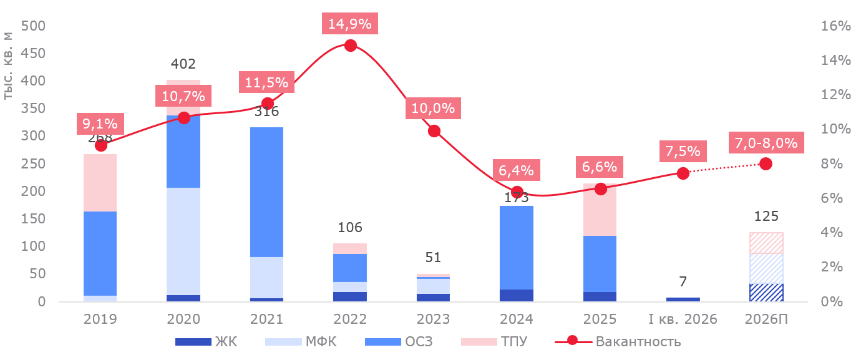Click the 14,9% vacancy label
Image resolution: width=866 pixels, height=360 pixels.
[350, 24]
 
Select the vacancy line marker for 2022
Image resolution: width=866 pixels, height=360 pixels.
[350, 46]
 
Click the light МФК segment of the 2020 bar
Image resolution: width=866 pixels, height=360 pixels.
[183, 241]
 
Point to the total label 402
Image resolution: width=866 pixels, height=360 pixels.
[183, 64]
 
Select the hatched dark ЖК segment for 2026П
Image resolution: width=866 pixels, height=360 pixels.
[766, 293]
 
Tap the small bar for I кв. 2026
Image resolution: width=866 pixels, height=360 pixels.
[683, 299]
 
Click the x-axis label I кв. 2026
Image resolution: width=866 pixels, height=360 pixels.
[683, 319]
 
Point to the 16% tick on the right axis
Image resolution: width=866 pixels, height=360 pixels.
[827, 26]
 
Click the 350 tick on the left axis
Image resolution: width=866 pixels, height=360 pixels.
[33, 109]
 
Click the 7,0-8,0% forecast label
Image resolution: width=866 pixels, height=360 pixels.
[766, 143]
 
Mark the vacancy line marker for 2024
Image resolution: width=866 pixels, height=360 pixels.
[517, 192]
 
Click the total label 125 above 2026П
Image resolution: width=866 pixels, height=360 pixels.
[766, 216]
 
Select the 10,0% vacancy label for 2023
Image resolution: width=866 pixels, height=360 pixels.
[434, 109]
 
